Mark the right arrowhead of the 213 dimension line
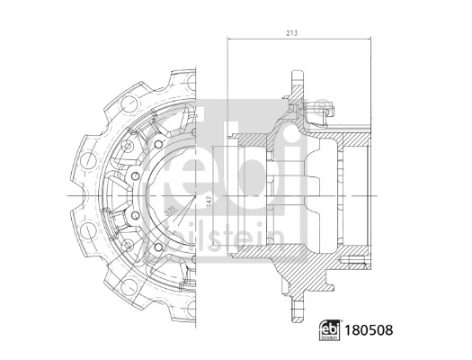pos(369,40)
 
